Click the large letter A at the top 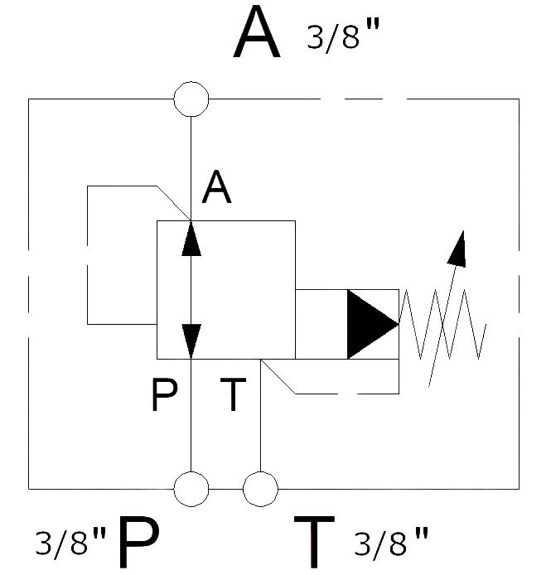click(x=257, y=33)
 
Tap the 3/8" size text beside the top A click(x=343, y=36)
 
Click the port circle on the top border click(x=191, y=99)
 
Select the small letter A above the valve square click(x=216, y=186)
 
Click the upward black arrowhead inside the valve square click(x=191, y=239)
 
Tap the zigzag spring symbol click(x=442, y=324)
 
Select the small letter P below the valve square click(x=164, y=394)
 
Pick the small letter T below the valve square click(x=233, y=394)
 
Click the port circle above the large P click(x=191, y=489)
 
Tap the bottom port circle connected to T click(x=260, y=489)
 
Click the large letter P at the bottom click(x=138, y=541)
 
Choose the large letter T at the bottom click(x=314, y=541)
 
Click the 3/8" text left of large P click(x=70, y=542)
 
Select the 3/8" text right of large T click(x=391, y=542)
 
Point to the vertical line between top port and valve click(x=191, y=169)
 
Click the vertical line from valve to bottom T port click(x=260, y=415)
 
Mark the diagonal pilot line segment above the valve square click(x=174, y=203)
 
